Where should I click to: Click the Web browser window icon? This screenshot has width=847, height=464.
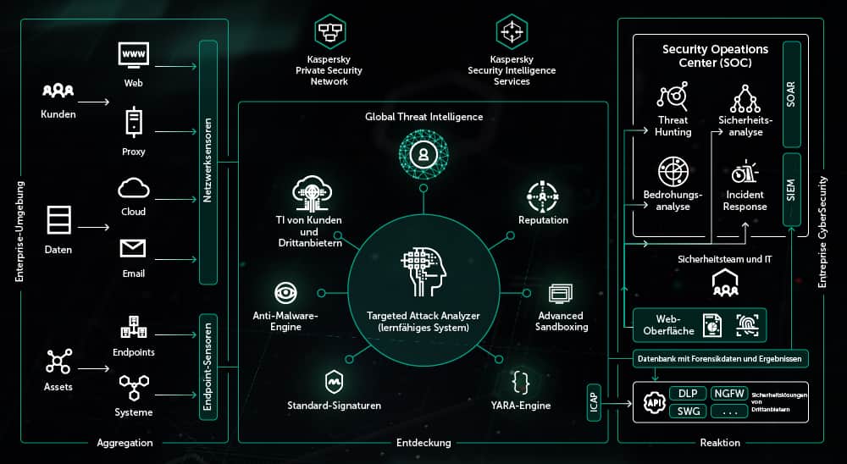coord(134,55)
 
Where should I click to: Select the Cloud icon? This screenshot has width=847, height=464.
coord(134,187)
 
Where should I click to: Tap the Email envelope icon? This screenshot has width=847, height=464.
coord(133,248)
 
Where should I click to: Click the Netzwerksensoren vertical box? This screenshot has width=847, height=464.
coord(208,162)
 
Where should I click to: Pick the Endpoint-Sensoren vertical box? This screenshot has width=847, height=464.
coord(208,366)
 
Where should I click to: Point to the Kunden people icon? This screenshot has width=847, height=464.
coord(58,91)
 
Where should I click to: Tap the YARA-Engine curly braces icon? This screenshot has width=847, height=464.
coord(522,383)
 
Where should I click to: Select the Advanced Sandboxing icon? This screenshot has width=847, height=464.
coord(561,294)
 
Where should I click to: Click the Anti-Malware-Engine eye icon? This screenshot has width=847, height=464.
coord(285,293)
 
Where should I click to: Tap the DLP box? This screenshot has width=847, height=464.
coord(687,393)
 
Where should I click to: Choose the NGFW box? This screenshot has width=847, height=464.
coord(729,393)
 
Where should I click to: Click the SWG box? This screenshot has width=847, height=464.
coord(687,412)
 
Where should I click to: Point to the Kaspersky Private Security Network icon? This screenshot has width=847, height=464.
coord(328,33)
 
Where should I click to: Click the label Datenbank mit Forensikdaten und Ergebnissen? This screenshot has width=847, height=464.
coord(721,358)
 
